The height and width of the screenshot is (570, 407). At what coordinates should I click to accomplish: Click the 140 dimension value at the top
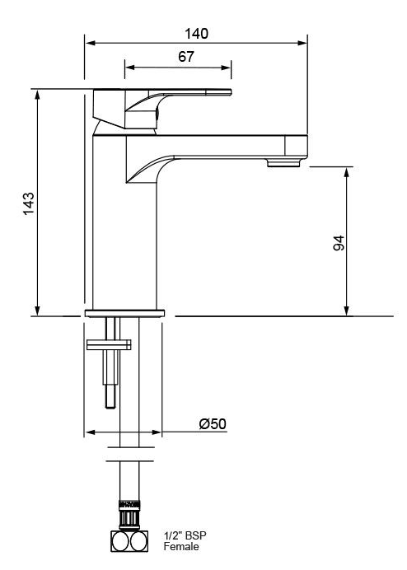(x=196, y=34)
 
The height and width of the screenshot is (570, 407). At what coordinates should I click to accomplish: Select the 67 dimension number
(x=185, y=57)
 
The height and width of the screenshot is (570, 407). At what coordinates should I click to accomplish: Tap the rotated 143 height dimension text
(x=28, y=203)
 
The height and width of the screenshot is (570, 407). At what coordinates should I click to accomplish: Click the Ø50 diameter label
(x=213, y=423)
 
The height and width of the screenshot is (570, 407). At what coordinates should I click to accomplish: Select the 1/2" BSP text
(x=184, y=535)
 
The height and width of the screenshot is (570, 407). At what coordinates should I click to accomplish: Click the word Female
(x=180, y=546)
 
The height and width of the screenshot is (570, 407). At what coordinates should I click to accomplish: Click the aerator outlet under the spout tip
(x=283, y=163)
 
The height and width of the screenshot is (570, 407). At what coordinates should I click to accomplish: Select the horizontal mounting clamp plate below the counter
(x=108, y=345)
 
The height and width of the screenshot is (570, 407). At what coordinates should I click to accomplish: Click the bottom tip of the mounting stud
(x=109, y=405)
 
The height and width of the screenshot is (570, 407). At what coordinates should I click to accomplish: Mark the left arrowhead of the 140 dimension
(x=88, y=44)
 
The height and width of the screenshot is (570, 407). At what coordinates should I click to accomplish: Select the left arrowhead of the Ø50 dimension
(x=88, y=432)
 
